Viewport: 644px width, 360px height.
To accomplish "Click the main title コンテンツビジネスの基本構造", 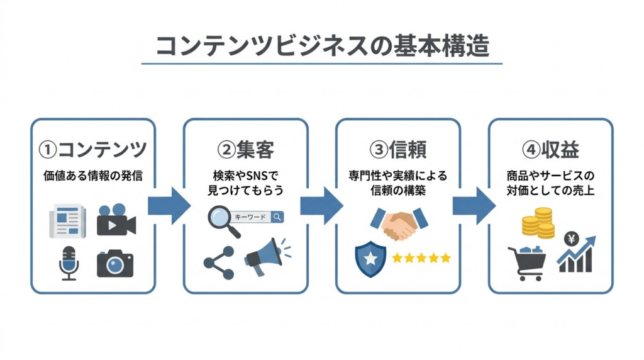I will tap(321, 45).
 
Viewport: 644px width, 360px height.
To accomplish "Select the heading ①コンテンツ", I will tap(92, 150).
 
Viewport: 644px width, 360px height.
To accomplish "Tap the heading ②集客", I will tap(245, 150).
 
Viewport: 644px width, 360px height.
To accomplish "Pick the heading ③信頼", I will tap(398, 150).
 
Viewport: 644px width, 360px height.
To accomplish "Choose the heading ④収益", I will tap(550, 150).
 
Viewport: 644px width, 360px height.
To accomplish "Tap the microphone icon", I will tap(68, 262).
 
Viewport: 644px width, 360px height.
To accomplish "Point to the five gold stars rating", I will tap(421, 258).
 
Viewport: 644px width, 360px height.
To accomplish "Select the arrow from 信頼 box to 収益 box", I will tap(473, 205).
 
